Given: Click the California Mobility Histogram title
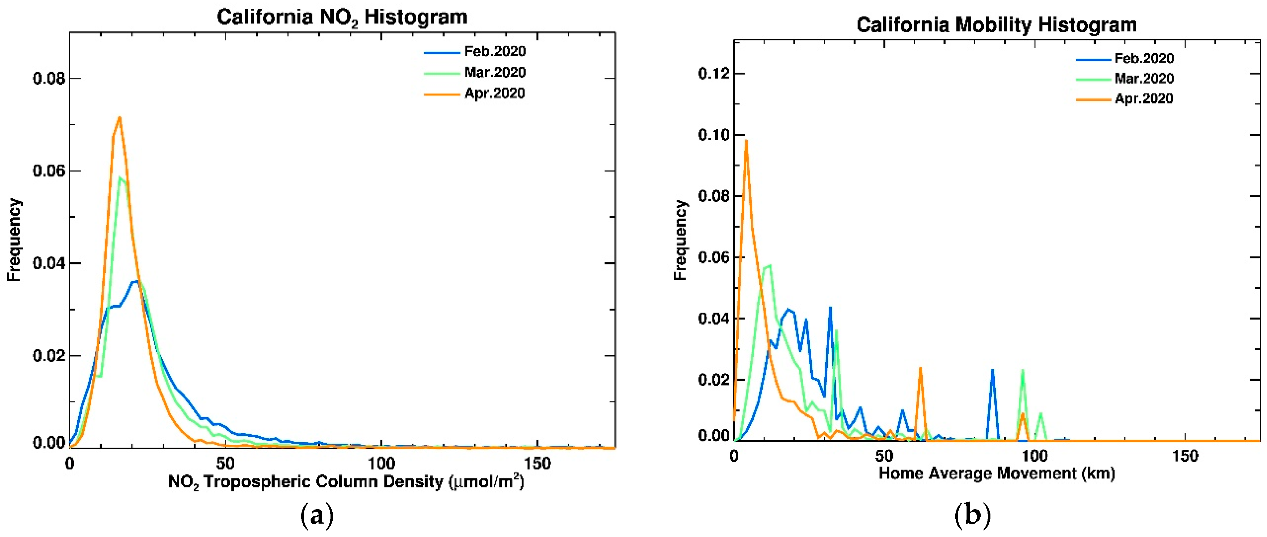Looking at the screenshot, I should [997, 25].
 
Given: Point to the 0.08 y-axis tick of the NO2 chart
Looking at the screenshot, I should [49, 78].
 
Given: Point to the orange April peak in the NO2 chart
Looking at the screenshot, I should [119, 118].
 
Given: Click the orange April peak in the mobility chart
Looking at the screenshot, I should [746, 141].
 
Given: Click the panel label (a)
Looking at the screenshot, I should [317, 515].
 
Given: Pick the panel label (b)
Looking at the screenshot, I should [972, 515].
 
